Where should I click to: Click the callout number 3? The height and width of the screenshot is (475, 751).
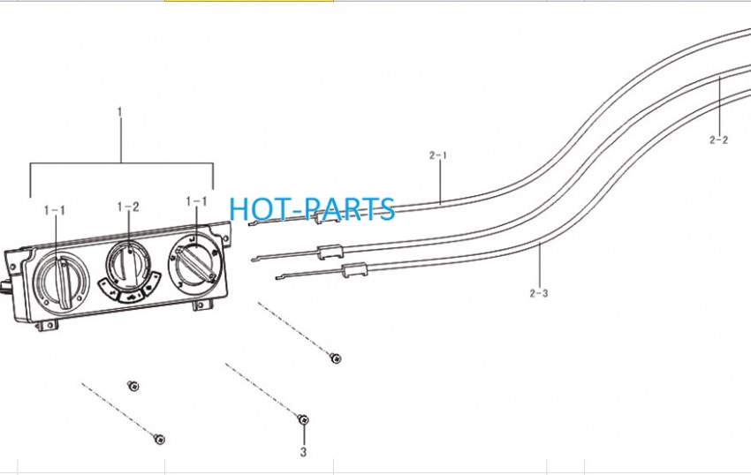pos(303,451)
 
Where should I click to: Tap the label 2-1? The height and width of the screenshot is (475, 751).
pos(437,155)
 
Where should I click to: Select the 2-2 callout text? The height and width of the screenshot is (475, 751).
pos(718,139)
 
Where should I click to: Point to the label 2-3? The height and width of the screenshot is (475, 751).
pos(539,293)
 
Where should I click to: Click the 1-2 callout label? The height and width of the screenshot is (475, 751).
pos(128,207)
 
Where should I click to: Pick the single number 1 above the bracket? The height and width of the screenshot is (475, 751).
pos(120,112)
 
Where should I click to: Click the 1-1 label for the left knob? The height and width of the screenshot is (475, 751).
pos(55,210)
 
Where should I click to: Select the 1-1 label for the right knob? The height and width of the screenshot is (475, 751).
pos(196,201)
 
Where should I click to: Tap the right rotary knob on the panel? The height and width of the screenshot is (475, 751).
pos(195,263)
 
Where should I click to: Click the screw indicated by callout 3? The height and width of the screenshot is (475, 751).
pos(303,419)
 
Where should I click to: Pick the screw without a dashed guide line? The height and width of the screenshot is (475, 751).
pos(133,386)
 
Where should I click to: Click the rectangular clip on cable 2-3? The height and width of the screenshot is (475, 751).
pos(354,270)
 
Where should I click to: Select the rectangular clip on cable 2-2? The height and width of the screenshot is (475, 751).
pos(330,252)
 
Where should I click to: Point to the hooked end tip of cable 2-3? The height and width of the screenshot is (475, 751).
pos(277,277)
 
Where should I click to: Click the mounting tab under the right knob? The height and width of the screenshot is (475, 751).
pos(202,304)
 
